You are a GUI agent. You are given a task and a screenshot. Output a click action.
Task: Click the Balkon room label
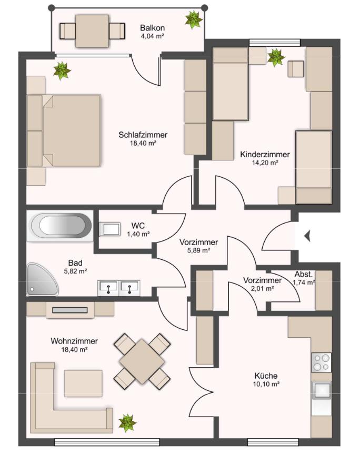click(152, 28)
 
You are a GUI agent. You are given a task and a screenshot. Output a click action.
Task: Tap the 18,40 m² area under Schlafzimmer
click(143, 143)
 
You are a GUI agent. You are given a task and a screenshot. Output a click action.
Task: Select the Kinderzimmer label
click(265, 154)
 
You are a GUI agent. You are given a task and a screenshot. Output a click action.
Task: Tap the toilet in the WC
click(110, 229)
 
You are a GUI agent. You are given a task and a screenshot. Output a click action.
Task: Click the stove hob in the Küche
click(322, 363)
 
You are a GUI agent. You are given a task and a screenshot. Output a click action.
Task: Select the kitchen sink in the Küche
click(322, 391)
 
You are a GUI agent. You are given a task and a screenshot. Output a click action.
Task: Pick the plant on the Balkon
click(193, 19)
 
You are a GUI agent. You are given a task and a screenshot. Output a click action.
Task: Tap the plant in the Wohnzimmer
click(127, 423)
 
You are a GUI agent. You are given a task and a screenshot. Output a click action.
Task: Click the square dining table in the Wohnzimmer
click(142, 361)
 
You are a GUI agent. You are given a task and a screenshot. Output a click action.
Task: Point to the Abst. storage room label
click(303, 274)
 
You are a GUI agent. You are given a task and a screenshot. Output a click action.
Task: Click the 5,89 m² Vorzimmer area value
click(198, 250)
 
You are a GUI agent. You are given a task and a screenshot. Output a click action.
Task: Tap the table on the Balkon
click(92, 31)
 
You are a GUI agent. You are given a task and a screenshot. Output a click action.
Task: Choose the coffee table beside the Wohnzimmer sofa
click(83, 383)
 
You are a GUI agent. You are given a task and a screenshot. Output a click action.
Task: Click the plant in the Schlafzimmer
click(62, 70)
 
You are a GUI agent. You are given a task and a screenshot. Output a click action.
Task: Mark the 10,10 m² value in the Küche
click(266, 384)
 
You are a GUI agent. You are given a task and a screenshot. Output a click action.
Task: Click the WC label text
click(138, 226)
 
